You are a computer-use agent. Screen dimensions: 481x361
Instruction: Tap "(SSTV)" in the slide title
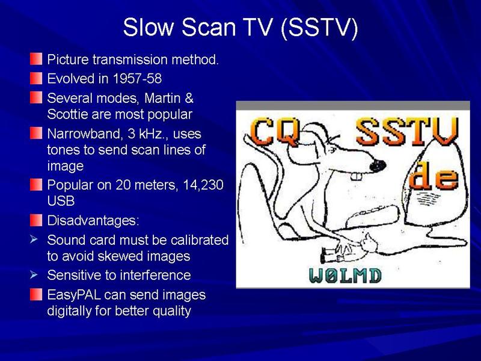coord(319,28)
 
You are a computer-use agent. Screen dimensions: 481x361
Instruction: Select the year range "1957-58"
coord(137,79)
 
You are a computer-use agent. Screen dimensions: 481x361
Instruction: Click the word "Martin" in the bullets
coord(162,98)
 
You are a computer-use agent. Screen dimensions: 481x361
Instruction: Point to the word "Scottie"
coord(68,114)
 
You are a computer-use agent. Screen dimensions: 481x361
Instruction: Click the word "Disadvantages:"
coord(93,221)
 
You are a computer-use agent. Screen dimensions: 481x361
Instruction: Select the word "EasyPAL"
coord(74,295)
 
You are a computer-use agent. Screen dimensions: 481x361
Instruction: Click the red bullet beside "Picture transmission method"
coord(36,59)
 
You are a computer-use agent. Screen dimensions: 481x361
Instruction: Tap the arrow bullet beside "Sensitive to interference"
coord(34,275)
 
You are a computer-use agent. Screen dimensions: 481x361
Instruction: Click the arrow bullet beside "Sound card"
coord(34,239)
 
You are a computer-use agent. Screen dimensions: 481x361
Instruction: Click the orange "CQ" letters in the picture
coord(275,132)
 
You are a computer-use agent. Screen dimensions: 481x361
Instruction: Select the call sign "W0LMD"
coord(345,276)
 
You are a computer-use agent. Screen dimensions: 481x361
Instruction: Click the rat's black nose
coord(378,166)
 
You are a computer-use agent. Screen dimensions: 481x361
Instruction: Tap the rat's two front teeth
coord(356,177)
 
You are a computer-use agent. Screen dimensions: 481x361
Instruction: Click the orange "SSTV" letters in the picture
coord(408,131)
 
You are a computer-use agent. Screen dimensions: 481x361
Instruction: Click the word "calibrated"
coord(200,240)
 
